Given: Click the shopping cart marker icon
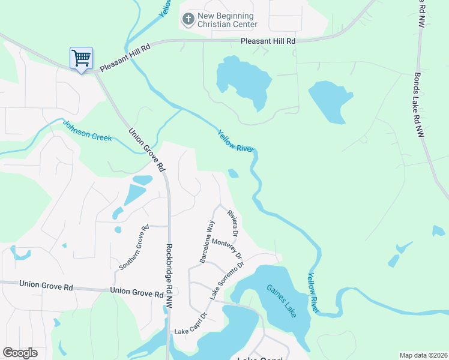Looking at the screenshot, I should tap(81, 58).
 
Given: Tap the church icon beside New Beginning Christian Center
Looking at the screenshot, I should tap(188, 20).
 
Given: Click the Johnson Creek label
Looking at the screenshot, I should tap(88, 131).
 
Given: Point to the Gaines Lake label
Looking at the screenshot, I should tap(281, 301).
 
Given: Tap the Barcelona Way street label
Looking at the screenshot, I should tap(207, 241).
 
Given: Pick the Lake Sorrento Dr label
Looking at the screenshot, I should tap(227, 280).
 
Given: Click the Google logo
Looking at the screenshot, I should tap(20, 353).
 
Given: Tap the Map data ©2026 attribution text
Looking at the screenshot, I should tap(423, 355).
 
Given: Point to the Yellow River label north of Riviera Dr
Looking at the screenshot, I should tap(236, 141).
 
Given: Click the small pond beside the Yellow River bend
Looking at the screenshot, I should tap(234, 174).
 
